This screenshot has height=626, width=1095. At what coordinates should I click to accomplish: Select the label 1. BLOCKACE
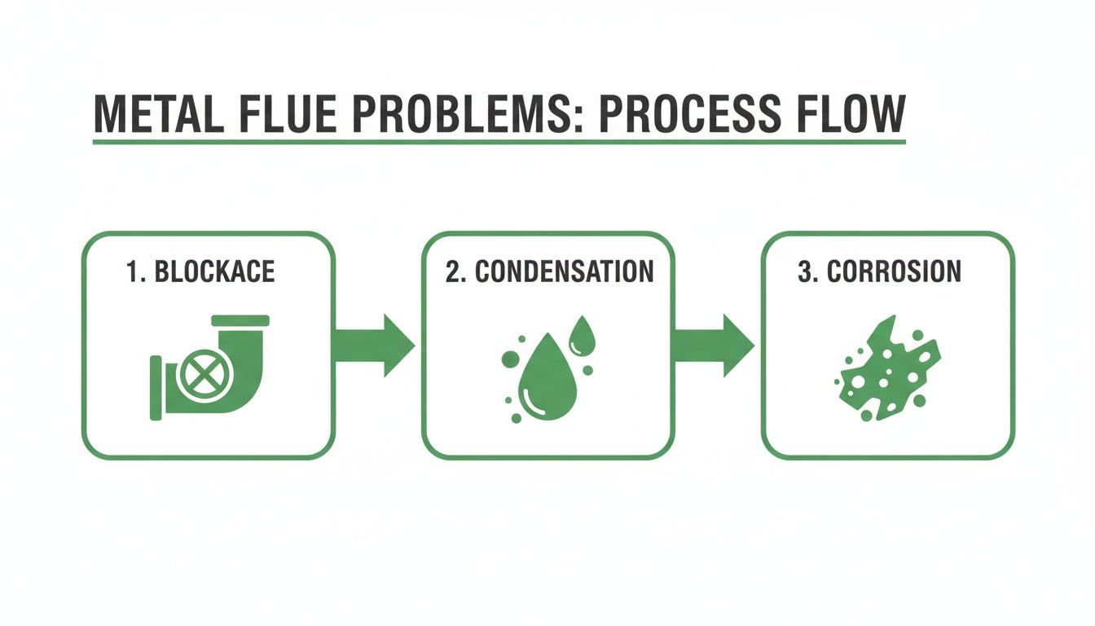[200, 271]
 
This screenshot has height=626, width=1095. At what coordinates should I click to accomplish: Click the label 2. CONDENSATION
[549, 271]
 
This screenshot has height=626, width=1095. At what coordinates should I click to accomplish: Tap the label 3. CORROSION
[879, 271]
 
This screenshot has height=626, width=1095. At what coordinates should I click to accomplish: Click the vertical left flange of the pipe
[156, 387]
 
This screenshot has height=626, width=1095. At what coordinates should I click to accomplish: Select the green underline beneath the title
[499, 143]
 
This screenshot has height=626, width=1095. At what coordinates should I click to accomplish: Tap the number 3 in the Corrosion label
[803, 271]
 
